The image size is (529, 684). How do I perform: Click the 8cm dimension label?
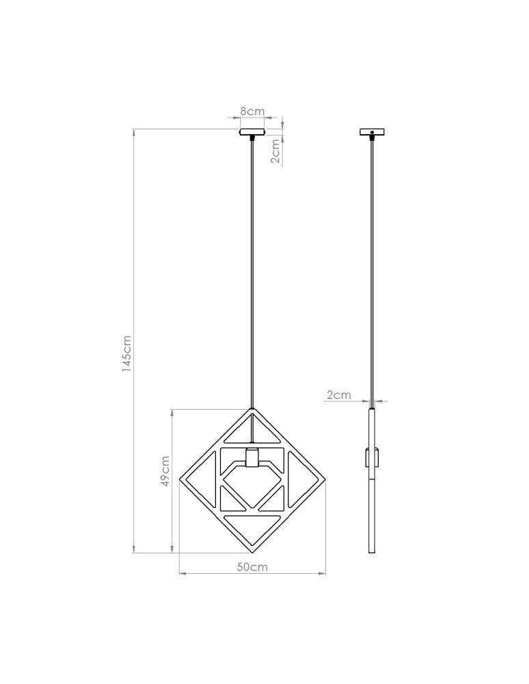(x=252, y=111)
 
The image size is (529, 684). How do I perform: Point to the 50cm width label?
(x=252, y=567)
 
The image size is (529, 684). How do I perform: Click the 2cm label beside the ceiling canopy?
(x=275, y=151)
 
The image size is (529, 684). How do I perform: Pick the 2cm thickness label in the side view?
(x=339, y=395)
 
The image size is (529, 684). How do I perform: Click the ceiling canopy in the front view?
(x=252, y=131)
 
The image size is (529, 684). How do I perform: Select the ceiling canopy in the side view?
(x=372, y=131)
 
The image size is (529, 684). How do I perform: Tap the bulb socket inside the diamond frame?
(x=252, y=457)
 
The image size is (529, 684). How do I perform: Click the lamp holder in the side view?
(x=372, y=456)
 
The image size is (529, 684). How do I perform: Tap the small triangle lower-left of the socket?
(x=231, y=500)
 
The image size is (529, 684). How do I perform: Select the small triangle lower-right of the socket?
(x=274, y=500)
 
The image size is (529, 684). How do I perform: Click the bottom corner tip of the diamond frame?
(x=252, y=551)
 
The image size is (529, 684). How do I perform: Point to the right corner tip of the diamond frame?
(x=325, y=480)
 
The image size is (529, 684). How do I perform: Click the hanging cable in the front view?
(x=252, y=274)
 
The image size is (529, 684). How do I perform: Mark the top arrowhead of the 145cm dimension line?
(x=134, y=132)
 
